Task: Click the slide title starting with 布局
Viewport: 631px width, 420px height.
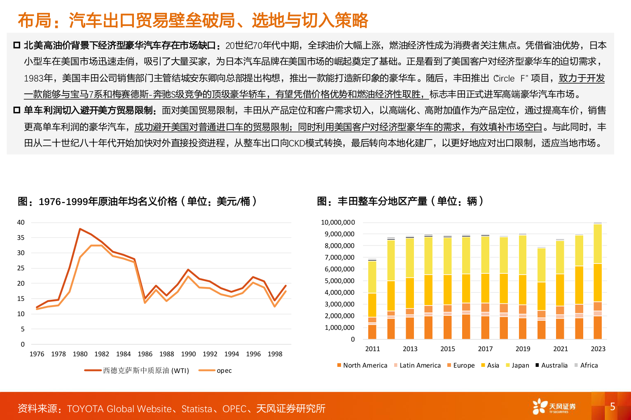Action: tap(193, 20)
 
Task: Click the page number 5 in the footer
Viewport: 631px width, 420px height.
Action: tap(612, 407)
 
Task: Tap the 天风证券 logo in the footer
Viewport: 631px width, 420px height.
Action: tap(554, 407)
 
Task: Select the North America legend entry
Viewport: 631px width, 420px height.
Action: tap(362, 365)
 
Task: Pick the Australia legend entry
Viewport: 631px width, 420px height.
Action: tap(552, 365)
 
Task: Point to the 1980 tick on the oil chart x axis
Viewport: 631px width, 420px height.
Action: tap(80, 354)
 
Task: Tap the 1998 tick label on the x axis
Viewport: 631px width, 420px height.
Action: tap(275, 354)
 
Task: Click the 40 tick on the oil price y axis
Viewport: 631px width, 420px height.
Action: tap(21, 222)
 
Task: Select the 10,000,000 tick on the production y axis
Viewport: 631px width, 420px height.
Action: tap(338, 222)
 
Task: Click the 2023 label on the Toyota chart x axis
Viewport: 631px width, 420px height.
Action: tap(598, 349)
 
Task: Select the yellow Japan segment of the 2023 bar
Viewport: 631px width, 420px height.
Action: tap(598, 244)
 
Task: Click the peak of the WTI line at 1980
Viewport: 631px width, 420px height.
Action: tap(80, 229)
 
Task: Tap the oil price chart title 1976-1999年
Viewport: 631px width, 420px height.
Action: tap(137, 201)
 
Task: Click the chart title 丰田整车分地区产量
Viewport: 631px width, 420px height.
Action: tap(400, 201)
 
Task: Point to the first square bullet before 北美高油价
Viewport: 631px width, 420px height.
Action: tap(17, 45)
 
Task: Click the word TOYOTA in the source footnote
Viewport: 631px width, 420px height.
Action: tap(85, 408)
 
